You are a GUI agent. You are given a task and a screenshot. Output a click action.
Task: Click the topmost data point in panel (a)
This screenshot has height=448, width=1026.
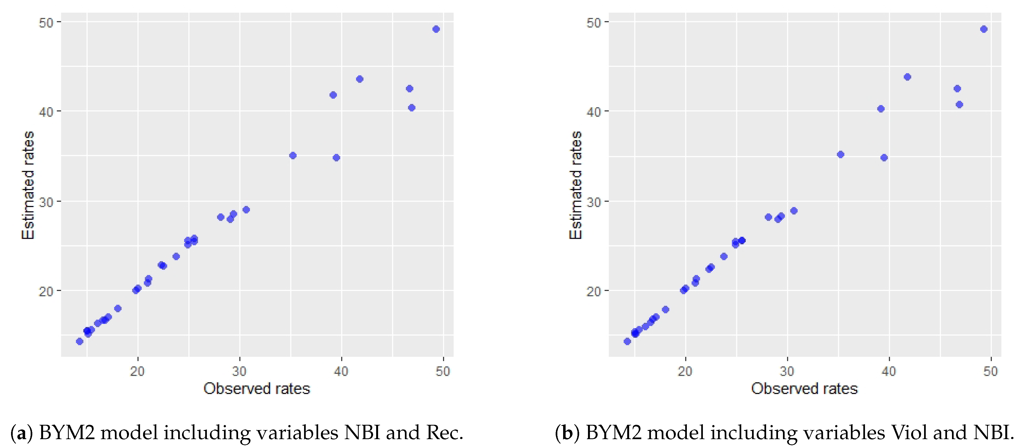point(436,29)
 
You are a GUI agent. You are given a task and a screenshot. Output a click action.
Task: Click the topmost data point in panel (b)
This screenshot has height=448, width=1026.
point(983,29)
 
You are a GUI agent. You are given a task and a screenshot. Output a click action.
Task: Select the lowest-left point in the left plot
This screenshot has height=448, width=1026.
point(79,341)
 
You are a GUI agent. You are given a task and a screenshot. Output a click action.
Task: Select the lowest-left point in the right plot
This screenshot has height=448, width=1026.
point(627,341)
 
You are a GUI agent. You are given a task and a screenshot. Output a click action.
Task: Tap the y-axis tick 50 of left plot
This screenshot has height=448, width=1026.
point(46,22)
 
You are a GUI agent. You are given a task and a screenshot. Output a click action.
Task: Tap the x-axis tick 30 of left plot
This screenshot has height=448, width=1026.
point(239,371)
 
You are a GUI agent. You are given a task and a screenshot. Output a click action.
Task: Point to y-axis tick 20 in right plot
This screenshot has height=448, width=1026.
point(594,291)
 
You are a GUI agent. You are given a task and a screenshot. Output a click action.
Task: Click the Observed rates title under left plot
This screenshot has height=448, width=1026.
point(257,388)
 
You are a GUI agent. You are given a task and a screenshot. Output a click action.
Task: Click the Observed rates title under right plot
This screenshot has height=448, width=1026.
point(804,388)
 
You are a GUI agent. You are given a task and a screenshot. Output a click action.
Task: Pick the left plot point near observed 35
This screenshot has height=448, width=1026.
point(293,155)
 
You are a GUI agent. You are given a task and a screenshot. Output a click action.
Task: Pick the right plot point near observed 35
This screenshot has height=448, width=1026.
point(840,154)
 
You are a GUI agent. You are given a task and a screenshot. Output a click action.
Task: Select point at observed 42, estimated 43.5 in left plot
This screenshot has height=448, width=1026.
point(359,79)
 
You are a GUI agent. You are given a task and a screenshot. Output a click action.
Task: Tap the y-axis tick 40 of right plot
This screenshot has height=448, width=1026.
point(594,112)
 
